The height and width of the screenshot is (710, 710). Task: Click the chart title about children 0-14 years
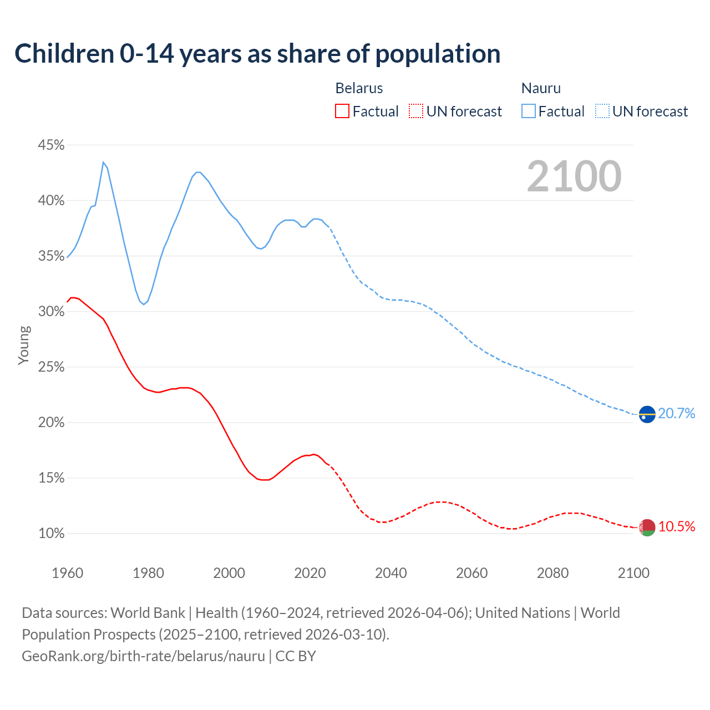pyautogui.click(x=257, y=54)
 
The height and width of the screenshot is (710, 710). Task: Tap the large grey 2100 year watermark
pyautogui.click(x=574, y=176)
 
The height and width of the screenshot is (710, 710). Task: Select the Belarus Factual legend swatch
pyautogui.click(x=342, y=111)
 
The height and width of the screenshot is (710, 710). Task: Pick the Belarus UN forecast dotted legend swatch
pyautogui.click(x=416, y=111)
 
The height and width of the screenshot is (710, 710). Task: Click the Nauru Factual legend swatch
pyautogui.click(x=528, y=111)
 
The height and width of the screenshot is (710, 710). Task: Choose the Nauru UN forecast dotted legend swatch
pyautogui.click(x=602, y=111)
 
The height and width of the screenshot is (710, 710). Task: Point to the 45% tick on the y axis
pyautogui.click(x=51, y=145)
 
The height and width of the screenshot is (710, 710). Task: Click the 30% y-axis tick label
pyautogui.click(x=51, y=312)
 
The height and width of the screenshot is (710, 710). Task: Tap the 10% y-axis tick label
pyautogui.click(x=51, y=534)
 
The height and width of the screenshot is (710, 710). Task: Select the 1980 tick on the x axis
pyautogui.click(x=148, y=573)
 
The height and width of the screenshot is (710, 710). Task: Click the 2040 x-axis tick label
pyautogui.click(x=391, y=573)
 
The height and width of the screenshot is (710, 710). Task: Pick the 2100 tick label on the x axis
pyautogui.click(x=633, y=573)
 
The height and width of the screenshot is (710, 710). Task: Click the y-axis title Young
pyautogui.click(x=24, y=345)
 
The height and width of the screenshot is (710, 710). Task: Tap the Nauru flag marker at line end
pyautogui.click(x=647, y=414)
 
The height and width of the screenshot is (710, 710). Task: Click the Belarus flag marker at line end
pyautogui.click(x=647, y=528)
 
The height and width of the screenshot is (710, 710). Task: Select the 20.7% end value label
pyautogui.click(x=677, y=413)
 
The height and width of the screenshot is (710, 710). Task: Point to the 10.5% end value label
pyautogui.click(x=677, y=526)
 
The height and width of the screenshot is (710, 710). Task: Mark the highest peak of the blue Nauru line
pyautogui.click(x=103, y=162)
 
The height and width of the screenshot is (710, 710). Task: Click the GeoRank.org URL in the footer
pyautogui.click(x=143, y=656)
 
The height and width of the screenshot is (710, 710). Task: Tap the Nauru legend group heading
pyautogui.click(x=541, y=88)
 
